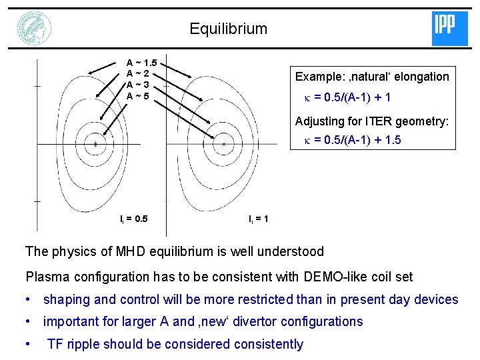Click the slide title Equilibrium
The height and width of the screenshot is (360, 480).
click(228, 29)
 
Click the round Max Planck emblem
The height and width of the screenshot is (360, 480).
click(35, 29)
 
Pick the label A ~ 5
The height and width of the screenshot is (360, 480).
click(137, 96)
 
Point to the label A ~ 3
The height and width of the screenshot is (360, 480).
click(137, 85)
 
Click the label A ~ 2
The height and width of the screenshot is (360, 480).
click(137, 74)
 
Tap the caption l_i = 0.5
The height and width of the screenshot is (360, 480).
click(134, 219)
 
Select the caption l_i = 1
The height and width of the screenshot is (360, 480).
click(259, 219)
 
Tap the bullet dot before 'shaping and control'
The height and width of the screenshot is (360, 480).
click(29, 300)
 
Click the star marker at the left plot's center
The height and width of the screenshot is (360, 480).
click(96, 144)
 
